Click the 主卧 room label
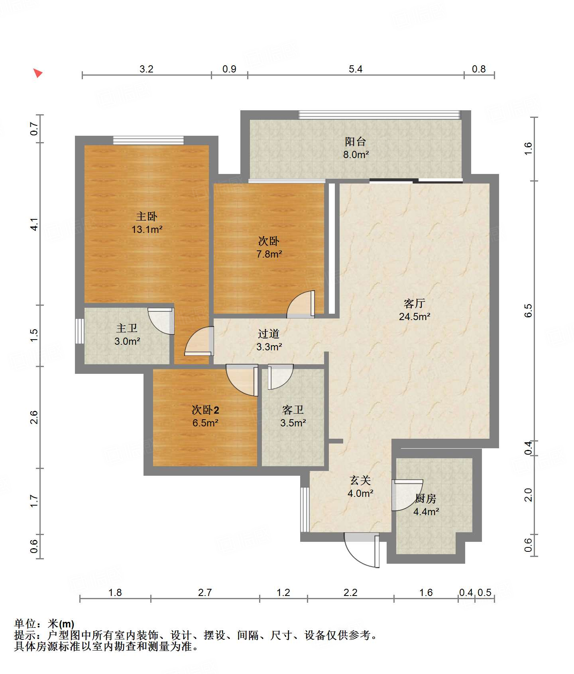(147, 216)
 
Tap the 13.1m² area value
(147, 229)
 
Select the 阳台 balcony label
(356, 141)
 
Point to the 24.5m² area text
(415, 316)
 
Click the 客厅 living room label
(415, 303)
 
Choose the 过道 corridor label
(269, 334)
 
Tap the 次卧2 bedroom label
(205, 410)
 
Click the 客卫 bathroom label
(293, 410)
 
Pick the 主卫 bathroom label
(127, 328)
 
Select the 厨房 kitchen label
(426, 498)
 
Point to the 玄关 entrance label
(360, 480)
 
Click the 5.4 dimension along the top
(356, 69)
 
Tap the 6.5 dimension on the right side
(528, 311)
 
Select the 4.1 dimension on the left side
(35, 224)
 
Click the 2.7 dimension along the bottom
(205, 592)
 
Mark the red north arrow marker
(37, 73)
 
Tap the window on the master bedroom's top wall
(148, 140)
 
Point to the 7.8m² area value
(269, 254)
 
